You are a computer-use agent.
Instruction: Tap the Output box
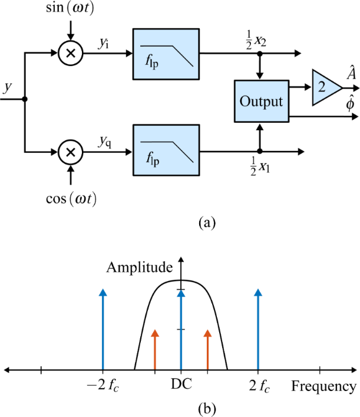[x=260, y=101]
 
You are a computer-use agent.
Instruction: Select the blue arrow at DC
[x=181, y=330]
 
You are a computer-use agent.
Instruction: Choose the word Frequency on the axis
[x=323, y=387]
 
